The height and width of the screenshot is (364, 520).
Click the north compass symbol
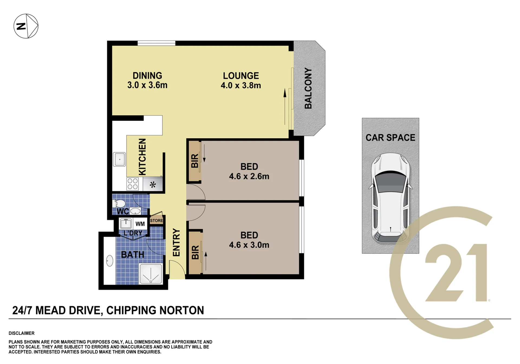tap(26, 26)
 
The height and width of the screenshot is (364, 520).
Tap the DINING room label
tap(147, 76)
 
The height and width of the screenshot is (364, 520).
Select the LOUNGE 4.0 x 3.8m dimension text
tap(241, 86)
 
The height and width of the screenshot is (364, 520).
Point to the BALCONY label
tap(308, 88)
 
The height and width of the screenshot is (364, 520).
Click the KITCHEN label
tap(142, 157)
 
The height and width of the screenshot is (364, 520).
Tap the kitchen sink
tap(119, 159)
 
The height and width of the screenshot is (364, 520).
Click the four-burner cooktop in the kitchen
tap(133, 184)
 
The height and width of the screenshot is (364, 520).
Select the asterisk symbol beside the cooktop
tap(153, 185)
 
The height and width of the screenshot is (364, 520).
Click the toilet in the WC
tap(119, 203)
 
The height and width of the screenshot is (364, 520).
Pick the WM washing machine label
tap(140, 224)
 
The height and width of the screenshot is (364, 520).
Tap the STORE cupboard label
tap(157, 221)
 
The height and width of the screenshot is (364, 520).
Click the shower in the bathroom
tap(151, 274)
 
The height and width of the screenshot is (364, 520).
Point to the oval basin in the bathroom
tap(109, 261)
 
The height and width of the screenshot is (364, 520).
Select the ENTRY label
tap(176, 242)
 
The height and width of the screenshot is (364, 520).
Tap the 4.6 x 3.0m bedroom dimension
tap(249, 245)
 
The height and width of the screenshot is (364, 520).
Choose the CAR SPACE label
tap(390, 137)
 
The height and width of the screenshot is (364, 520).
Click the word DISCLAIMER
tap(21, 333)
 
